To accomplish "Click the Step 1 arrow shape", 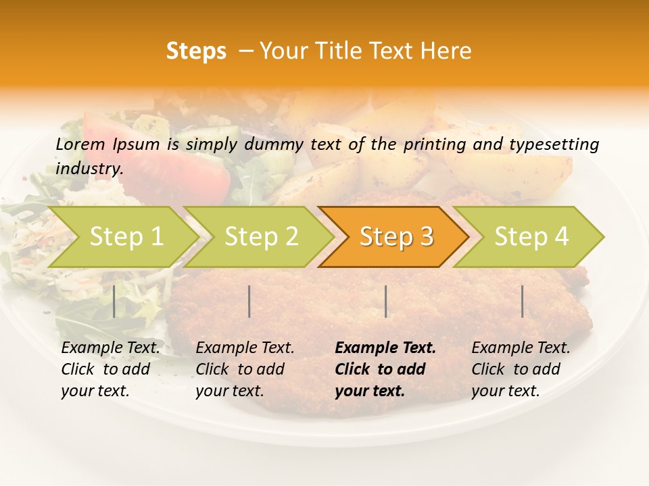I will (126, 236).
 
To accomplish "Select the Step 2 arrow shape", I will (261, 236).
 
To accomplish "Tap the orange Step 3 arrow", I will (396, 236).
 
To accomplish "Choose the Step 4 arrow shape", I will (531, 236).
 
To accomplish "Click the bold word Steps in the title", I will (196, 51).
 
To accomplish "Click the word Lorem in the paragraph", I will (80, 144).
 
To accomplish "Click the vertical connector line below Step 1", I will (114, 301).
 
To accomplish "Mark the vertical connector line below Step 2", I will (249, 301).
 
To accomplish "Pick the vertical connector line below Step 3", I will (385, 301).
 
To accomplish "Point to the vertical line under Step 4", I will (522, 301).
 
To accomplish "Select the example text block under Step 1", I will (110, 369).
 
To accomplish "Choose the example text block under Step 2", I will (245, 369).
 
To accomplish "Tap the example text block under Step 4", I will (521, 369).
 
